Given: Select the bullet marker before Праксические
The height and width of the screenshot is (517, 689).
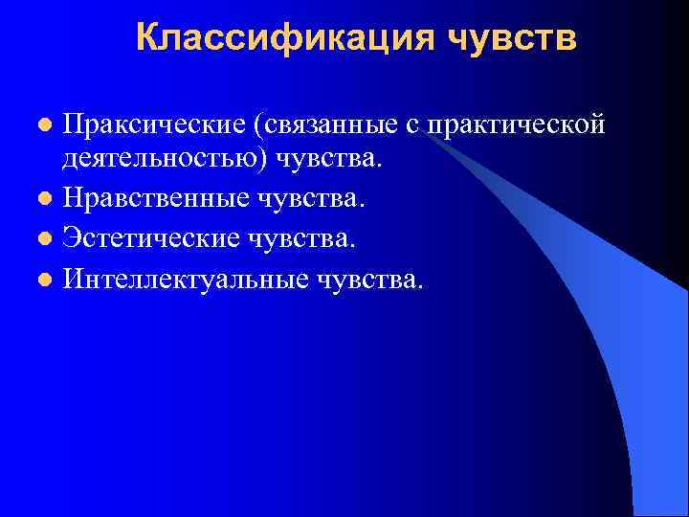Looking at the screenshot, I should pyautogui.click(x=43, y=124).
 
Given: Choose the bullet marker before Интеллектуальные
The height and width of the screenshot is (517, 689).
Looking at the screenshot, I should pyautogui.click(x=43, y=280).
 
